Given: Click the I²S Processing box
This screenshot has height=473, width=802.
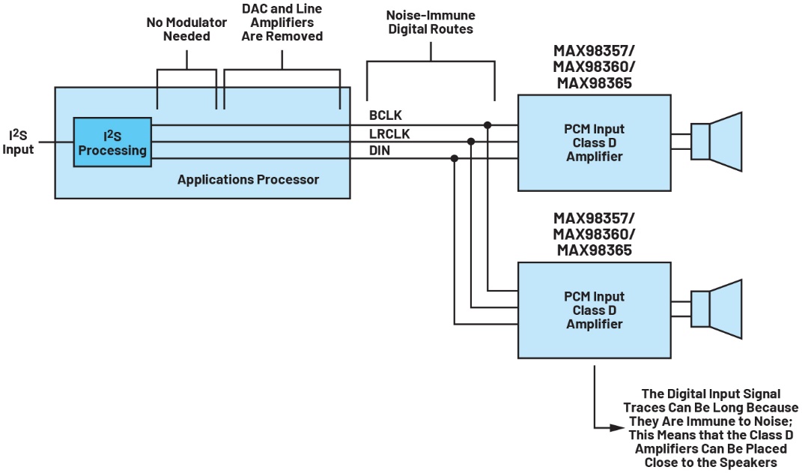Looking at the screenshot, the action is [x=112, y=142].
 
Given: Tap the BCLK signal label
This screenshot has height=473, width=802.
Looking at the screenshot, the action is [x=386, y=115].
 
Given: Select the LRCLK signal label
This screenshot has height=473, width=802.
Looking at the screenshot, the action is [x=389, y=134].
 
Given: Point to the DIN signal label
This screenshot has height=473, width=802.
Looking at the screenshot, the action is [x=380, y=151].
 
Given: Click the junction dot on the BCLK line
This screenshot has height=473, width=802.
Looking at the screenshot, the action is [x=487, y=125].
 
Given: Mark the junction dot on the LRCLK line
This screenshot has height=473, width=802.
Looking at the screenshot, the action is [x=471, y=142].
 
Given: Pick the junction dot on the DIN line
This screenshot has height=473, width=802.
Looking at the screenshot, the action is [x=455, y=159].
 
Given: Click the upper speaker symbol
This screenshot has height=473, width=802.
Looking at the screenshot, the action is [x=716, y=142].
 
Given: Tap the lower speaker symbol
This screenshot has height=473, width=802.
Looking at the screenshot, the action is [x=716, y=309].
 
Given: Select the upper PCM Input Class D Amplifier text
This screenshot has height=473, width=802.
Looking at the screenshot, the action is [x=595, y=143].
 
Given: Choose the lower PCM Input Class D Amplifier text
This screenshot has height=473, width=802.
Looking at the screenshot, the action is [x=595, y=310].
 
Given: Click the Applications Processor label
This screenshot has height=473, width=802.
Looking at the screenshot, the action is [x=248, y=180].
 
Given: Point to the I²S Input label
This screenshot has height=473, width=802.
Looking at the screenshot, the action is [x=18, y=142].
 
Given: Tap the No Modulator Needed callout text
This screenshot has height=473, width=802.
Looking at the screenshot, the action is [x=186, y=29].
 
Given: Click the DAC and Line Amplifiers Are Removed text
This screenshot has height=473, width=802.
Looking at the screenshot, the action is [x=282, y=22].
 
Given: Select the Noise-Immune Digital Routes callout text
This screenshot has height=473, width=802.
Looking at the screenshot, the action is [x=431, y=22].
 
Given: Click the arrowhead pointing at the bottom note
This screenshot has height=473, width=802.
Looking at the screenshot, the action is [x=618, y=427].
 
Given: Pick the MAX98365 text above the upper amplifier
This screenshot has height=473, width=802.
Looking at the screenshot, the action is [x=595, y=83].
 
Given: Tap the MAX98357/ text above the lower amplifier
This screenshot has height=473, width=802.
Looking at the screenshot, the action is [x=595, y=218].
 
